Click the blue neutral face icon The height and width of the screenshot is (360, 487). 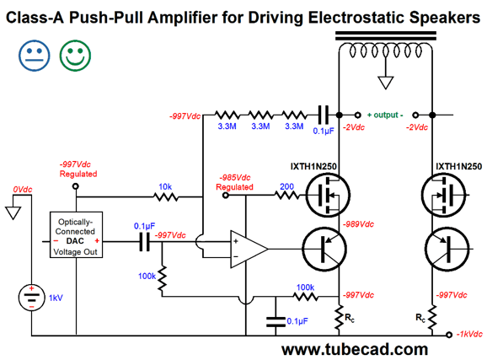[35, 56]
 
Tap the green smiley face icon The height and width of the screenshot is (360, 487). [75, 56]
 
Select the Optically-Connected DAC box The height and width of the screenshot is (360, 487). [76, 234]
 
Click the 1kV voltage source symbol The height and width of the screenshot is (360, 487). [31, 298]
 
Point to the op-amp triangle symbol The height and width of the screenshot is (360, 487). [249, 249]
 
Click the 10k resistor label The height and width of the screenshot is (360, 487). [165, 186]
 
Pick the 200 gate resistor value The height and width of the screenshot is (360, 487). [286, 186]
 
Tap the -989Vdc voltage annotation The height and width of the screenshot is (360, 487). [358, 224]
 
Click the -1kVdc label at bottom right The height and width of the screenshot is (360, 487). [469, 334]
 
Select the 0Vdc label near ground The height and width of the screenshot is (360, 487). [23, 190]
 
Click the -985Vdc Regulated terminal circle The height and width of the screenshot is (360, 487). [226, 196]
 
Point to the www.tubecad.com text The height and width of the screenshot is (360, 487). [355, 349]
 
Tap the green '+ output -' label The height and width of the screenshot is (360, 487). [385, 115]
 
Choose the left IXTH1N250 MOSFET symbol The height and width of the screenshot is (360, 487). [328, 195]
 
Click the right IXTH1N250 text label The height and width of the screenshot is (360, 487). [458, 166]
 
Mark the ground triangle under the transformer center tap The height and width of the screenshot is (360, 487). [386, 83]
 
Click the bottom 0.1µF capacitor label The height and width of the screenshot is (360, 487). [297, 321]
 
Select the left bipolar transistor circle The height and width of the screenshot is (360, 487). [324, 249]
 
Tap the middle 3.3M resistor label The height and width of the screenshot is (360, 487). [260, 126]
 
